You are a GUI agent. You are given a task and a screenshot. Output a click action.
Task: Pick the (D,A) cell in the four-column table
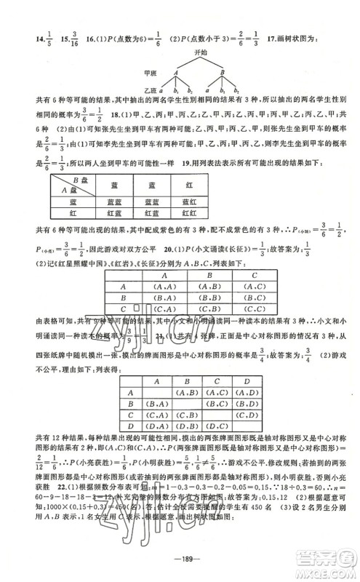[154, 425]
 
